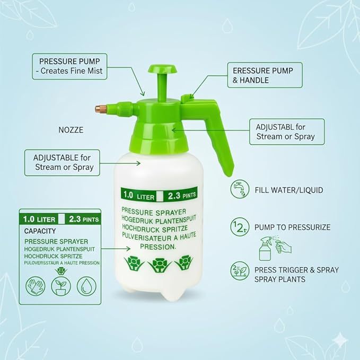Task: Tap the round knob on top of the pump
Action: coord(162,68)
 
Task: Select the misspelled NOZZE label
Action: coord(71,130)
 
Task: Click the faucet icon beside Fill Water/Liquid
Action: coord(240,189)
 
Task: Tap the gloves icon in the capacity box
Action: coord(36,286)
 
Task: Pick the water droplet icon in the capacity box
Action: coord(86,286)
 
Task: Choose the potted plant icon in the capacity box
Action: coord(61,286)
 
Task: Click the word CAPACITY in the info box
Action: coord(40,231)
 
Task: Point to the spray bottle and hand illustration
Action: coord(275,248)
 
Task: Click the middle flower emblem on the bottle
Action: coord(159,265)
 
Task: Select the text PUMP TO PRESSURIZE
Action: coord(292,227)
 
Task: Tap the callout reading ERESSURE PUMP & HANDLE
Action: coord(265,75)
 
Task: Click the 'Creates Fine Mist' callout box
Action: coord(69,67)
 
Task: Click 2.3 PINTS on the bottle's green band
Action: coord(182,196)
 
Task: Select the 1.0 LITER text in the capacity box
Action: coord(39,219)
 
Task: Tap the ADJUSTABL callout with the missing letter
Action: coord(287,131)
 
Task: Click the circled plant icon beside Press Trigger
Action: coord(240,271)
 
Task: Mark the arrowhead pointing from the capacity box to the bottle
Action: coord(128,249)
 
